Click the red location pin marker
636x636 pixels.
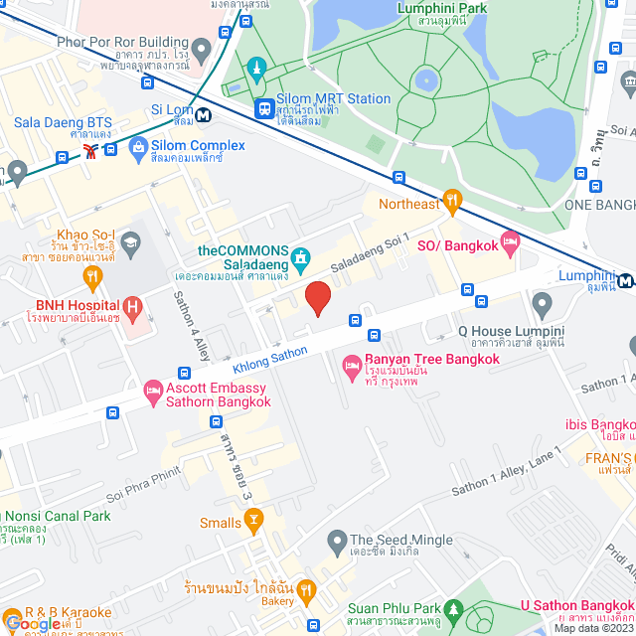click(317, 297)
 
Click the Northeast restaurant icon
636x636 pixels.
click(452, 202)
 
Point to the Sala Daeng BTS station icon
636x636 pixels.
click(91, 151)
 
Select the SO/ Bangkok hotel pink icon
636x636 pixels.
click(511, 240)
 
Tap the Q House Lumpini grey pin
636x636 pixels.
click(542, 302)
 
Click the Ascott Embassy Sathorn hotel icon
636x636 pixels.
click(153, 393)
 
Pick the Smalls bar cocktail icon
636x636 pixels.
click(253, 518)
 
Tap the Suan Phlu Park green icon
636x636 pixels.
click(454, 608)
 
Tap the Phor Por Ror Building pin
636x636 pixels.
click(201, 48)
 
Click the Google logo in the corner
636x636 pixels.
click(32, 623)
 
